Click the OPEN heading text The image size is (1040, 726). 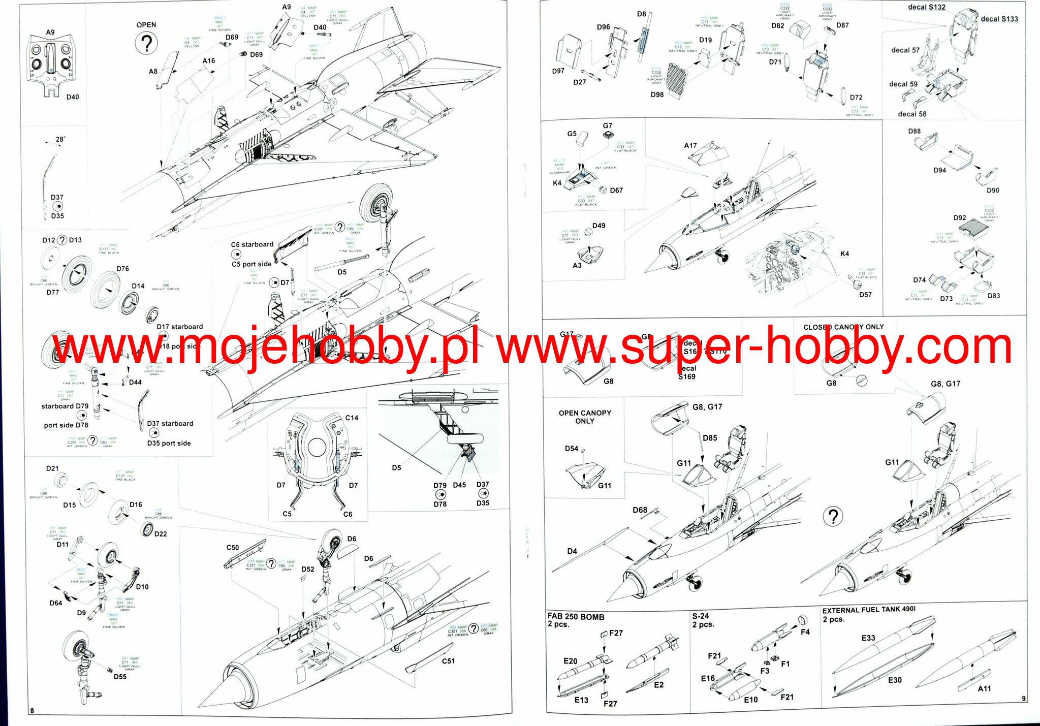pyautogui.click(x=146, y=25)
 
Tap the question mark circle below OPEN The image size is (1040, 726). pyautogui.click(x=146, y=44)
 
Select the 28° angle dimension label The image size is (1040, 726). pyautogui.click(x=60, y=139)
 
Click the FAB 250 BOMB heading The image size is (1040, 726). pyautogui.click(x=576, y=617)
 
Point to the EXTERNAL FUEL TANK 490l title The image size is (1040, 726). pyautogui.click(x=869, y=610)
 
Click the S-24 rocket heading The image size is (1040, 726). pyautogui.click(x=701, y=616)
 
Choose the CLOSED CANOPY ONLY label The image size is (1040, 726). pyautogui.click(x=843, y=327)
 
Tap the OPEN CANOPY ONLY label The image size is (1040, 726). pyautogui.click(x=585, y=417)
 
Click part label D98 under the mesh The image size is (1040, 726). pyautogui.click(x=657, y=94)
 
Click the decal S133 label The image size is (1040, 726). pyautogui.click(x=999, y=19)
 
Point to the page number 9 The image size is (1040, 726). pyautogui.click(x=1023, y=699)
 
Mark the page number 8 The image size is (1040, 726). pyautogui.click(x=32, y=710)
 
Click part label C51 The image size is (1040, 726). pyautogui.click(x=448, y=661)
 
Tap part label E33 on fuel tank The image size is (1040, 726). pyautogui.click(x=868, y=638)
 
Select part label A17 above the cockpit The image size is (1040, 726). pyautogui.click(x=690, y=145)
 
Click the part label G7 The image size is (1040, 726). pyautogui.click(x=608, y=125)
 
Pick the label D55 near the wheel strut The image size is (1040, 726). pyautogui.click(x=120, y=677)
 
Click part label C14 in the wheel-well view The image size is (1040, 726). pyautogui.click(x=352, y=418)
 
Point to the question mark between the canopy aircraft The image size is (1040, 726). pyautogui.click(x=833, y=517)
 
